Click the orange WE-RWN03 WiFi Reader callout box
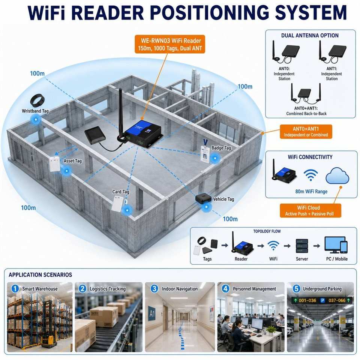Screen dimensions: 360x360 coord(169,44)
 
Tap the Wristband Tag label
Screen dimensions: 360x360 coord(35,111)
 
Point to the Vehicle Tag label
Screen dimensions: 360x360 coord(223,199)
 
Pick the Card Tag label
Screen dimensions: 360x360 coord(120,192)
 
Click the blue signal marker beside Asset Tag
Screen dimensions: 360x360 coord(67,171)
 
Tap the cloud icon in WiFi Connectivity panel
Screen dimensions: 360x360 coord(337,175)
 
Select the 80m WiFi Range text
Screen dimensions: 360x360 coord(311,192)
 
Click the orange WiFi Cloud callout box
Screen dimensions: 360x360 coord(310,210)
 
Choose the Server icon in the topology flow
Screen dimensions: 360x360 coord(302,246)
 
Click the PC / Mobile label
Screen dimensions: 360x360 coord(337,259)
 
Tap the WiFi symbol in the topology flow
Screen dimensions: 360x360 coord(273,246)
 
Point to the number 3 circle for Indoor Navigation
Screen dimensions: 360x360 coord(154,289)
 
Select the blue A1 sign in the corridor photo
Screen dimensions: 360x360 coord(152,313)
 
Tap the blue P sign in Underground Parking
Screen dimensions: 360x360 coord(322,300)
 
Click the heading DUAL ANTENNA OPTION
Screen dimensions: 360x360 coord(310,36)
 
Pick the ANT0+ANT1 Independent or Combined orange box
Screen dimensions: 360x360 coord(306,132)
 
